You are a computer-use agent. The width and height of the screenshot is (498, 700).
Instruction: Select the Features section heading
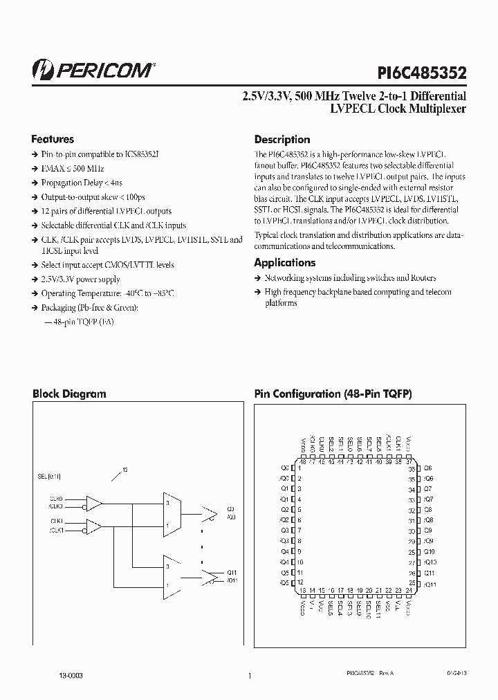[x=53, y=139]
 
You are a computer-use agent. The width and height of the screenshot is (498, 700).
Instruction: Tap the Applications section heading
[x=284, y=263]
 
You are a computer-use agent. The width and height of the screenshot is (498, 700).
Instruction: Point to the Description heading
[x=282, y=139]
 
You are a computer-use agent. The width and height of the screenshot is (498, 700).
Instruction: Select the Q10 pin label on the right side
[x=429, y=551]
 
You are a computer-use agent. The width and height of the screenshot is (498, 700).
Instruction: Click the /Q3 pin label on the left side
[x=284, y=541]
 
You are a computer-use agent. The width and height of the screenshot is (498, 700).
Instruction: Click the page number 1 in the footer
[x=249, y=675]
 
